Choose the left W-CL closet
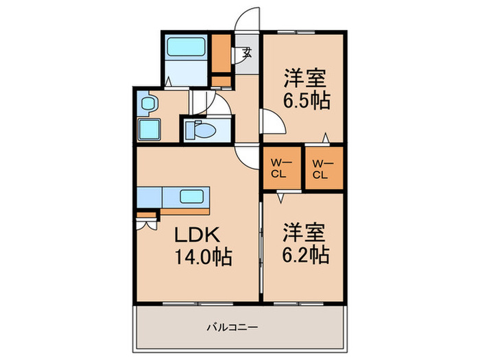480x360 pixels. [282, 168]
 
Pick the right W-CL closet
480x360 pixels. [322, 168]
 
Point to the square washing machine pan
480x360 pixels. [149, 128]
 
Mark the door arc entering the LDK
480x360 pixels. [244, 157]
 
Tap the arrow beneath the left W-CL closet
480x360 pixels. [281, 197]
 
